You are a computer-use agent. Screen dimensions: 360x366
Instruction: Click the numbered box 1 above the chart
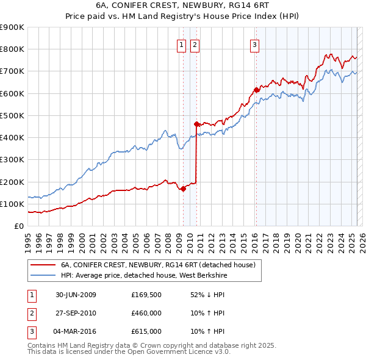pos(182,43)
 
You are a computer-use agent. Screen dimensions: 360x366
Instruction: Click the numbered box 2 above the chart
pos(195,43)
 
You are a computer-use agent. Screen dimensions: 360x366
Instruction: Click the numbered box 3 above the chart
pos(254,43)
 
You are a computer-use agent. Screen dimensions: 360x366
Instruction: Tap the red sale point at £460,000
pos(196,124)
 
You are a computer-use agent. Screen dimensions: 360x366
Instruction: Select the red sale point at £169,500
pos(183,189)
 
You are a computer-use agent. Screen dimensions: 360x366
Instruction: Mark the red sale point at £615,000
pos(256,90)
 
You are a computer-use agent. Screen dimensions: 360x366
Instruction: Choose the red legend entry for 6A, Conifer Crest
pos(161,265)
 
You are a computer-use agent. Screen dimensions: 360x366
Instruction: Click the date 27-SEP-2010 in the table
pos(76,313)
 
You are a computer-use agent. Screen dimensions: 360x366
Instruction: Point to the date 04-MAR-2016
pos(76,331)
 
